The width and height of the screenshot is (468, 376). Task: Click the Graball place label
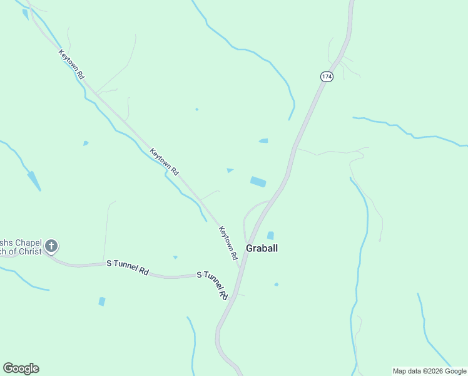click(262, 248)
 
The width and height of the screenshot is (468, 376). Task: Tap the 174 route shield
click(327, 76)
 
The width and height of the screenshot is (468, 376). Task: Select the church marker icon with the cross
click(51, 246)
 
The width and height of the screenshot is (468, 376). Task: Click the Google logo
click(21, 368)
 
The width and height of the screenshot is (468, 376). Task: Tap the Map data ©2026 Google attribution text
click(429, 371)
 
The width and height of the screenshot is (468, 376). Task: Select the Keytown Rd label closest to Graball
click(228, 243)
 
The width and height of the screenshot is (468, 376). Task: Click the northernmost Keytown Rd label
click(71, 64)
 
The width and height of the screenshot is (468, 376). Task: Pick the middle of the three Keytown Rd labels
click(165, 161)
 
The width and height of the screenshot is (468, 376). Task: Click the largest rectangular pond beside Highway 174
click(258, 182)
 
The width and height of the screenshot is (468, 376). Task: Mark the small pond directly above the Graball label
click(270, 236)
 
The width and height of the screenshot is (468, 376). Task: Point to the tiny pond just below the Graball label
click(276, 285)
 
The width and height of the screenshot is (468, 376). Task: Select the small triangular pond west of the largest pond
click(230, 170)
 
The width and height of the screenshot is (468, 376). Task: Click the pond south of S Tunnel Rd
click(102, 301)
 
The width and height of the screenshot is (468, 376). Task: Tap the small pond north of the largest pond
click(263, 141)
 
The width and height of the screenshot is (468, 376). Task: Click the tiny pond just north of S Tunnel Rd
click(175, 257)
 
